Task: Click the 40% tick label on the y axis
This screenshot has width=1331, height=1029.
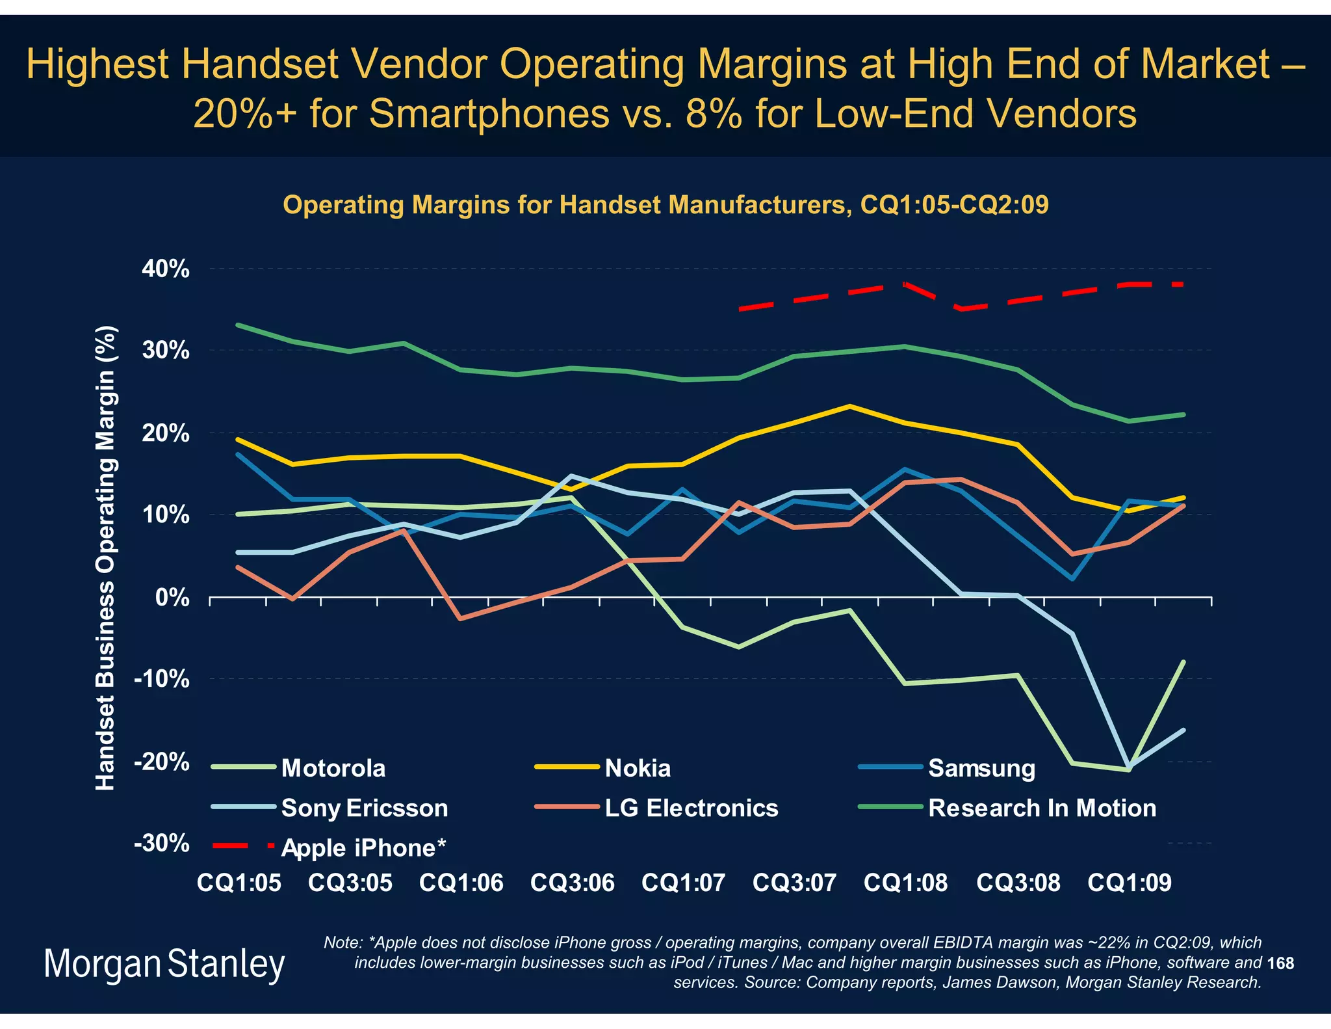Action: point(166,269)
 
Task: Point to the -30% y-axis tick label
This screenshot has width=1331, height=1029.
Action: point(162,844)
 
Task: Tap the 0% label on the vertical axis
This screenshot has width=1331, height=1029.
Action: point(172,597)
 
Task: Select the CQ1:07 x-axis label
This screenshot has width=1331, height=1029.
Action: point(683,883)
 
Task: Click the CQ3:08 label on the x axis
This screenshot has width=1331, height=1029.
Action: point(1018,883)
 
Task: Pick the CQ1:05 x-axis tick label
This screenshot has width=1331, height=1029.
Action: point(239,883)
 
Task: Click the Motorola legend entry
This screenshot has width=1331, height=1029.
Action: point(333,768)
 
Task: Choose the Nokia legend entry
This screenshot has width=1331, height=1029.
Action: point(637,768)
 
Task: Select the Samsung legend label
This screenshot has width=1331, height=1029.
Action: point(981,768)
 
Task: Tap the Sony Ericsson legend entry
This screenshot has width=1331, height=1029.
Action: point(364,808)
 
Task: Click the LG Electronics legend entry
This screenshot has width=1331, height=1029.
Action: point(691,808)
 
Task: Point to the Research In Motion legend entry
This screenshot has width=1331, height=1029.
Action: point(1042,808)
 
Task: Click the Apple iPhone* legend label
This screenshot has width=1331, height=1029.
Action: point(363,848)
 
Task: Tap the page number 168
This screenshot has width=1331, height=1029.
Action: point(1280,963)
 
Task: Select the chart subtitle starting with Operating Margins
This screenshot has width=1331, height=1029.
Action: point(665,205)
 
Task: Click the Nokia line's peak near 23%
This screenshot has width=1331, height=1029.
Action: point(849,407)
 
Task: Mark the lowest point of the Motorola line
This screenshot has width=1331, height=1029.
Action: point(1128,770)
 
